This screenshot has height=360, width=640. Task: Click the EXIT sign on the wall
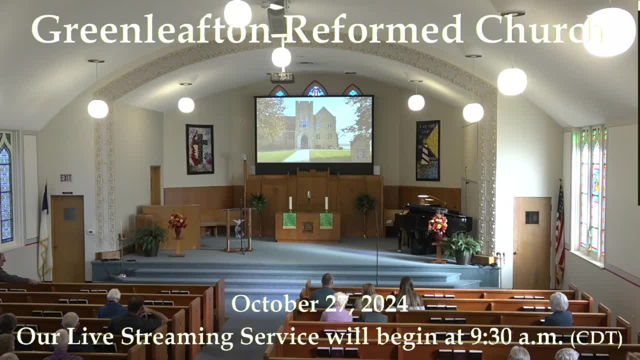(x=65, y=178)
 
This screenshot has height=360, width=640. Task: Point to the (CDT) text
(x=596, y=339)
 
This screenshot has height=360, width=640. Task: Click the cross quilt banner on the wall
(x=199, y=149)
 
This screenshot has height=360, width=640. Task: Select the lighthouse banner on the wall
(x=427, y=150)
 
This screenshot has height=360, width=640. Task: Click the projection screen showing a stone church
(x=314, y=129)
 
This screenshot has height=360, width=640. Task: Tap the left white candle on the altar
(x=290, y=203)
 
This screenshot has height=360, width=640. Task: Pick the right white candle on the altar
(x=326, y=203)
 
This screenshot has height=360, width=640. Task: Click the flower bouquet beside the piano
(x=437, y=223)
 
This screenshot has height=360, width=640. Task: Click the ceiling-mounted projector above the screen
(x=282, y=77)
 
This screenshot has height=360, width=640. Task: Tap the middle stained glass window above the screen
(x=315, y=89)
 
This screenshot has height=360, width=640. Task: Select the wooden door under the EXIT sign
(x=68, y=238)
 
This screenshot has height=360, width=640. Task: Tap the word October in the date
(x=275, y=304)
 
